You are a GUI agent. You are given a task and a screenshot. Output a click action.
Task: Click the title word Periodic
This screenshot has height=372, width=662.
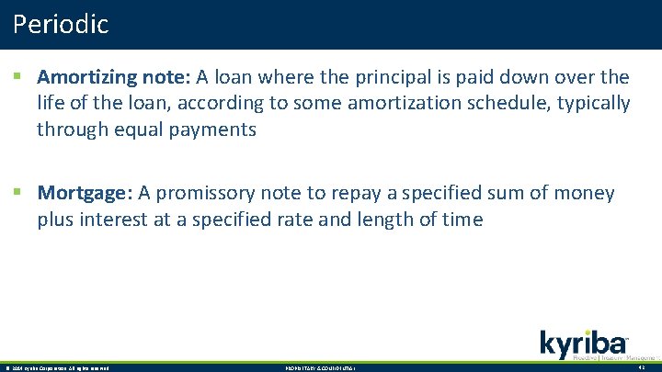(x=61, y=24)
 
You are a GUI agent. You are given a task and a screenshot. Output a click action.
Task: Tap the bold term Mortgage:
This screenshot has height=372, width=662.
(x=86, y=194)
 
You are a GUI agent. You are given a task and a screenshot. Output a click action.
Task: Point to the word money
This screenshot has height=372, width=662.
(x=584, y=194)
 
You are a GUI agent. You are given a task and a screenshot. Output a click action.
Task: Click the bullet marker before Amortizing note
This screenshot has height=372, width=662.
(x=17, y=77)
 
